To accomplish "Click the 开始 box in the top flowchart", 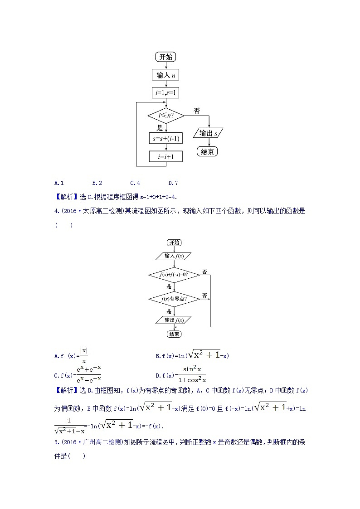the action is [165, 57].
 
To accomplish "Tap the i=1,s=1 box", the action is [165, 93].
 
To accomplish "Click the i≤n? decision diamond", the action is [165, 116].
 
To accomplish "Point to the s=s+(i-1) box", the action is [165, 138].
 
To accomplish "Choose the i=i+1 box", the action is [165, 157].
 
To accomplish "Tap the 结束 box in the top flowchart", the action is [207, 152].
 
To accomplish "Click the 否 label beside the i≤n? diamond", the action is [196, 111].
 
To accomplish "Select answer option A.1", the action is [59, 183].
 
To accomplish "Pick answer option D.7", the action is [173, 183].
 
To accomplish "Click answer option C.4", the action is [135, 183].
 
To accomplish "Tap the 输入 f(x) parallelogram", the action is [174, 256].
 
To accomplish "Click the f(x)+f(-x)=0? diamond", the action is [174, 275].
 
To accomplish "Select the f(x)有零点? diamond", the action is [174, 299].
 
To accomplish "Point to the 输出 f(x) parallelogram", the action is [174, 320].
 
